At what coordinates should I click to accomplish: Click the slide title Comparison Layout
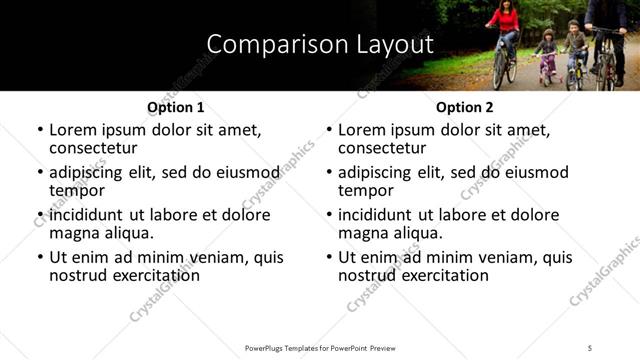pos(319,45)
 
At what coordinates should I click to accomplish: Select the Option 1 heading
pos(175,107)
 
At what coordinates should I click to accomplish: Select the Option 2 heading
pos(464,107)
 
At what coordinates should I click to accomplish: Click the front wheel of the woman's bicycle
pos(500,70)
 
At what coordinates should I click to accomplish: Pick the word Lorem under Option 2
pos(363,130)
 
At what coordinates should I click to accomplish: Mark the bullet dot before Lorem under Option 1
pos(39,130)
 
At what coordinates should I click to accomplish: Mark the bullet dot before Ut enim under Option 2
pos(328,257)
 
